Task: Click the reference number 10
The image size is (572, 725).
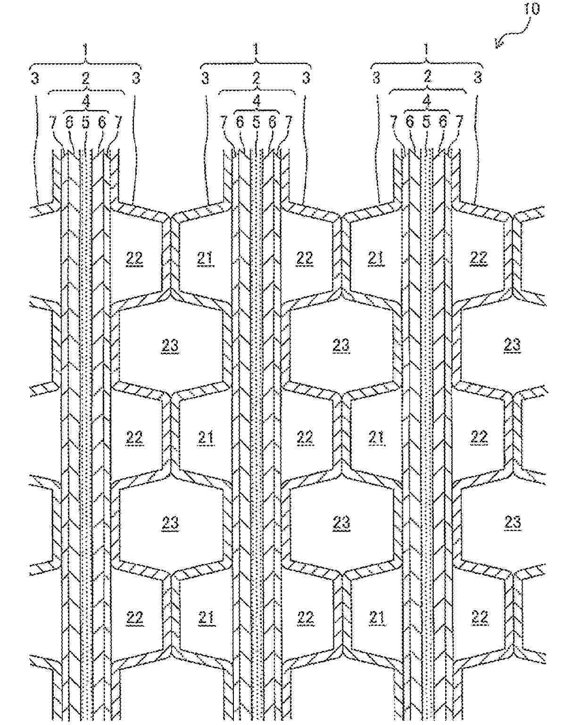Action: point(532,9)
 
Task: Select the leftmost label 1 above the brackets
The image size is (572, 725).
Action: point(85,50)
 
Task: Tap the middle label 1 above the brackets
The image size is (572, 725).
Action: point(256,50)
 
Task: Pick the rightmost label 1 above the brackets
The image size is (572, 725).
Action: point(427,50)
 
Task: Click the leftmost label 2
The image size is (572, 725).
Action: point(85,78)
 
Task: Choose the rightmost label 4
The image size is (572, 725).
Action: point(427,101)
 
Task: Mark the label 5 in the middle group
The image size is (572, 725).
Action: point(256,122)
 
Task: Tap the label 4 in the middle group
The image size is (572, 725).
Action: point(256,101)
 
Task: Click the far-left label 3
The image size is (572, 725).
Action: point(35,78)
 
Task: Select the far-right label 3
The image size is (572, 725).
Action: point(478,78)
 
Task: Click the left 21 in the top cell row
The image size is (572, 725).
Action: point(206,258)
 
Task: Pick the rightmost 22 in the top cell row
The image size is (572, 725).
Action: point(479,258)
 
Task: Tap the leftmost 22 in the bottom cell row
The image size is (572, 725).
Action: point(134,617)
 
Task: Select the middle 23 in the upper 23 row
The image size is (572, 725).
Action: point(341,346)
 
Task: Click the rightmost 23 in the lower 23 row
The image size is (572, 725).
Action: point(512,522)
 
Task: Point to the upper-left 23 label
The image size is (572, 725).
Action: point(170,346)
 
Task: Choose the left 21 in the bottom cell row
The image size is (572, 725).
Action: point(206,617)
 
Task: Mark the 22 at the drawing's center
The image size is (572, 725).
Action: point(305,437)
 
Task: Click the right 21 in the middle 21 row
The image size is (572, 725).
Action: point(376,437)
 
